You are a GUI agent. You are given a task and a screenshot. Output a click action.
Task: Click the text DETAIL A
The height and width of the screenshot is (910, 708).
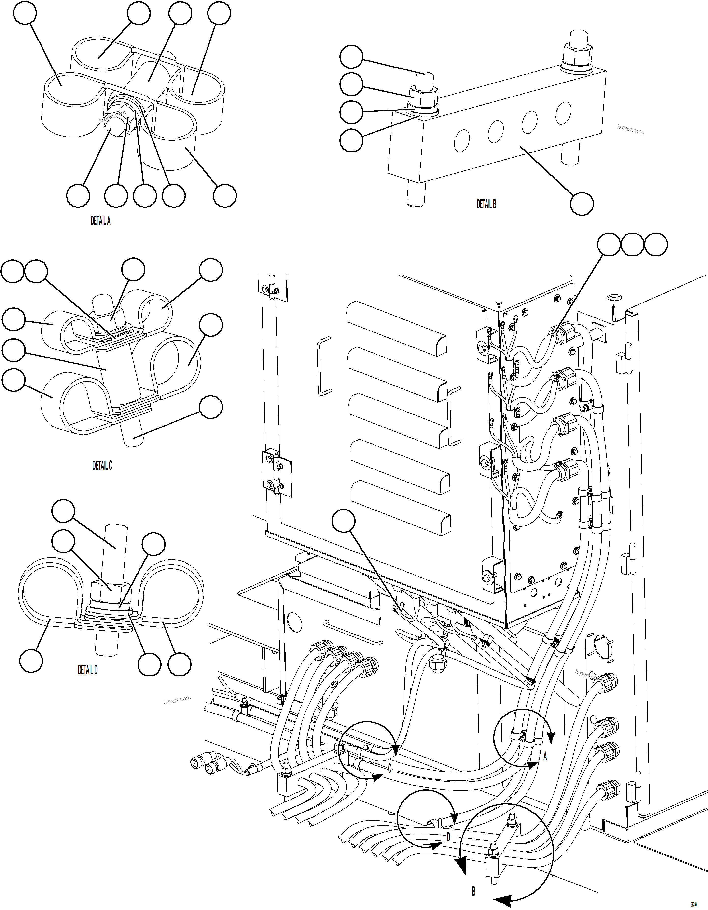pyautogui.click(x=100, y=221)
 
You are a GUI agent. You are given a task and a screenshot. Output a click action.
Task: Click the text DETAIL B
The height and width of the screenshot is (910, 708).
pyautogui.click(x=486, y=204)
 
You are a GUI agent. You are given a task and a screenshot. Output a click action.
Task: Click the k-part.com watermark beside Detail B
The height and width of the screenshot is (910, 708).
pyautogui.click(x=630, y=130)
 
